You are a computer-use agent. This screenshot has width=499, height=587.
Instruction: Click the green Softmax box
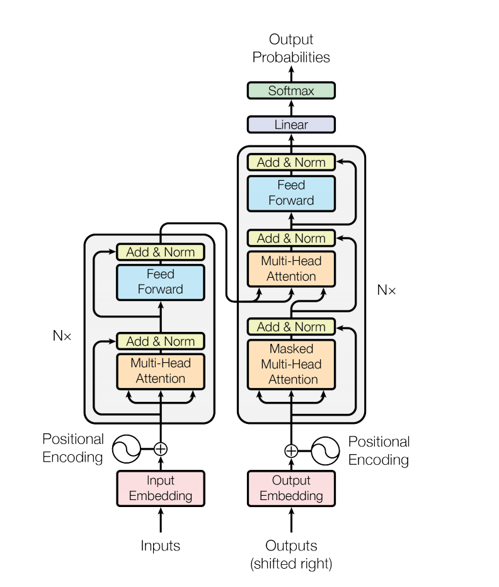pyautogui.click(x=291, y=91)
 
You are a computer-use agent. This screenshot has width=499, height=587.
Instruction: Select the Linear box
pyautogui.click(x=291, y=125)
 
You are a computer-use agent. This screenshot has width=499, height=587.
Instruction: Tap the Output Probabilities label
pyautogui.click(x=291, y=48)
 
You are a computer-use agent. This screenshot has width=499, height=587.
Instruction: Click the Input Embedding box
pyautogui.click(x=161, y=488)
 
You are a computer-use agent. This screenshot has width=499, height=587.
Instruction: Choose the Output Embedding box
pyautogui.click(x=291, y=488)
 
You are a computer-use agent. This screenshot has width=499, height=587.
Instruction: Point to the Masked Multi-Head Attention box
pyautogui.click(x=291, y=364)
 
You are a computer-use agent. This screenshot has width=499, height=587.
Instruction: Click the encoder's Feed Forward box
pyautogui.click(x=161, y=282)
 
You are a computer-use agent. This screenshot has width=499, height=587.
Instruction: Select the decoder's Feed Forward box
pyautogui.click(x=291, y=193)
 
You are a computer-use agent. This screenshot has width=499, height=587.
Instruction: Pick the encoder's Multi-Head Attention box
pyautogui.click(x=161, y=371)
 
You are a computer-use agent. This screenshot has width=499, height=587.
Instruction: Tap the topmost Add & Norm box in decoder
pyautogui.click(x=291, y=162)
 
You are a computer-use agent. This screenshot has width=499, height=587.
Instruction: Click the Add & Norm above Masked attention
pyautogui.click(x=291, y=327)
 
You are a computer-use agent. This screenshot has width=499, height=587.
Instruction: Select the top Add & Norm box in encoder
pyautogui.click(x=161, y=252)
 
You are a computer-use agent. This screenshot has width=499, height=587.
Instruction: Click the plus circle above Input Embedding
pyautogui.click(x=161, y=449)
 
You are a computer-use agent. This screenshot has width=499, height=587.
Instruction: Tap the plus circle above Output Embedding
pyautogui.click(x=291, y=451)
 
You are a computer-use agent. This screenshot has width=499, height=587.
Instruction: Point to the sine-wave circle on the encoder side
pyautogui.click(x=126, y=449)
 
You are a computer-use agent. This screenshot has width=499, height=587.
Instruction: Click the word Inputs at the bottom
pyautogui.click(x=161, y=545)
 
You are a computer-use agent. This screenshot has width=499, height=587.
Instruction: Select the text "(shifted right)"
pyautogui.click(x=291, y=564)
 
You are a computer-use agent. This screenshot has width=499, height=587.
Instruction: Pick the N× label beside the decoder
pyautogui.click(x=386, y=290)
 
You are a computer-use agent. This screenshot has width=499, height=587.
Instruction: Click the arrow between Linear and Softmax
pyautogui.click(x=291, y=108)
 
